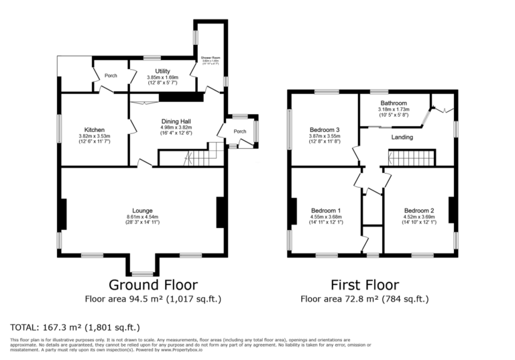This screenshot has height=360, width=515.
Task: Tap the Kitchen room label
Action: pyautogui.click(x=94, y=130)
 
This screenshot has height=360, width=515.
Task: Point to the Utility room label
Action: pyautogui.click(x=162, y=71)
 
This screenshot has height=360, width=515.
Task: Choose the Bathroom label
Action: pyautogui.click(x=394, y=103)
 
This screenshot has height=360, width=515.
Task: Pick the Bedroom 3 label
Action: pyautogui.click(x=325, y=129)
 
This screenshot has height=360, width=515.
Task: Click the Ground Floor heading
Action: pyautogui.click(x=152, y=285)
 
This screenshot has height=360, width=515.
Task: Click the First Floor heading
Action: pyautogui.click(x=364, y=285)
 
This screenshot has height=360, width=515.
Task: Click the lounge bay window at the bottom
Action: pyautogui.click(x=143, y=274)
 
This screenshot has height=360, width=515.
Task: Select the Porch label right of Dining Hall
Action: pyautogui.click(x=240, y=131)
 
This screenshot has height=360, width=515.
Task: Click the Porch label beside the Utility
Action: pyautogui.click(x=111, y=76)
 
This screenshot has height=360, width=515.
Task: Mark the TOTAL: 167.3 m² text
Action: pyautogui.click(x=75, y=328)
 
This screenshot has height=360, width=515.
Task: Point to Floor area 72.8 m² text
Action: pyautogui.click(x=364, y=299)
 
